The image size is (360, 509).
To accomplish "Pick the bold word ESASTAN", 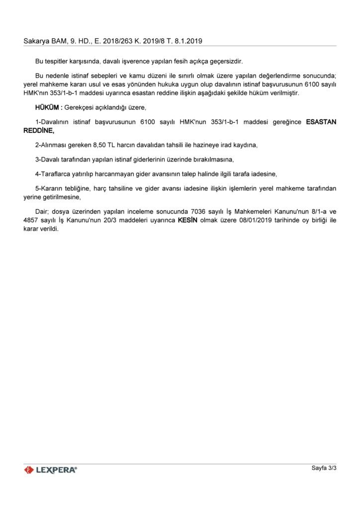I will (x=321, y=122).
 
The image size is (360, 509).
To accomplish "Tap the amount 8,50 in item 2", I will (x=101, y=145).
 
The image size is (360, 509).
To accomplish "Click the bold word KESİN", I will (x=187, y=220).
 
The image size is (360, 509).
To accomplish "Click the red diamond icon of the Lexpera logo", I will (x=29, y=470).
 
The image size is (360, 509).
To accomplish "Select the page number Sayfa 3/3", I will (x=324, y=468).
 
